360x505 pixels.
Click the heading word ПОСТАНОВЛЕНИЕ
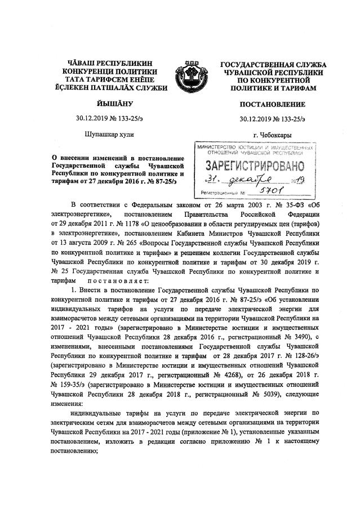tap(272, 105)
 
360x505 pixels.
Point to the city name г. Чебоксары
tap(273, 134)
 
